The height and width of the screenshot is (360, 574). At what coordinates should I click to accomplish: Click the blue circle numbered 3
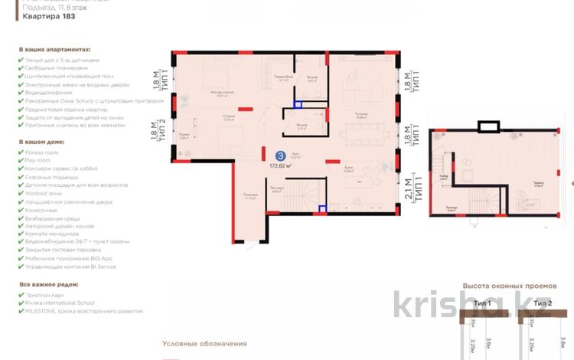click(x=282, y=155)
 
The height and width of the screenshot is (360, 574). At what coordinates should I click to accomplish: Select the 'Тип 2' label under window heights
click(x=543, y=303)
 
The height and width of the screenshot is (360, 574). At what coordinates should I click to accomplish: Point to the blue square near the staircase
click(x=324, y=205)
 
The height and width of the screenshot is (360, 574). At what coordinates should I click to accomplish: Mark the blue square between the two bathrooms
click(x=298, y=105)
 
